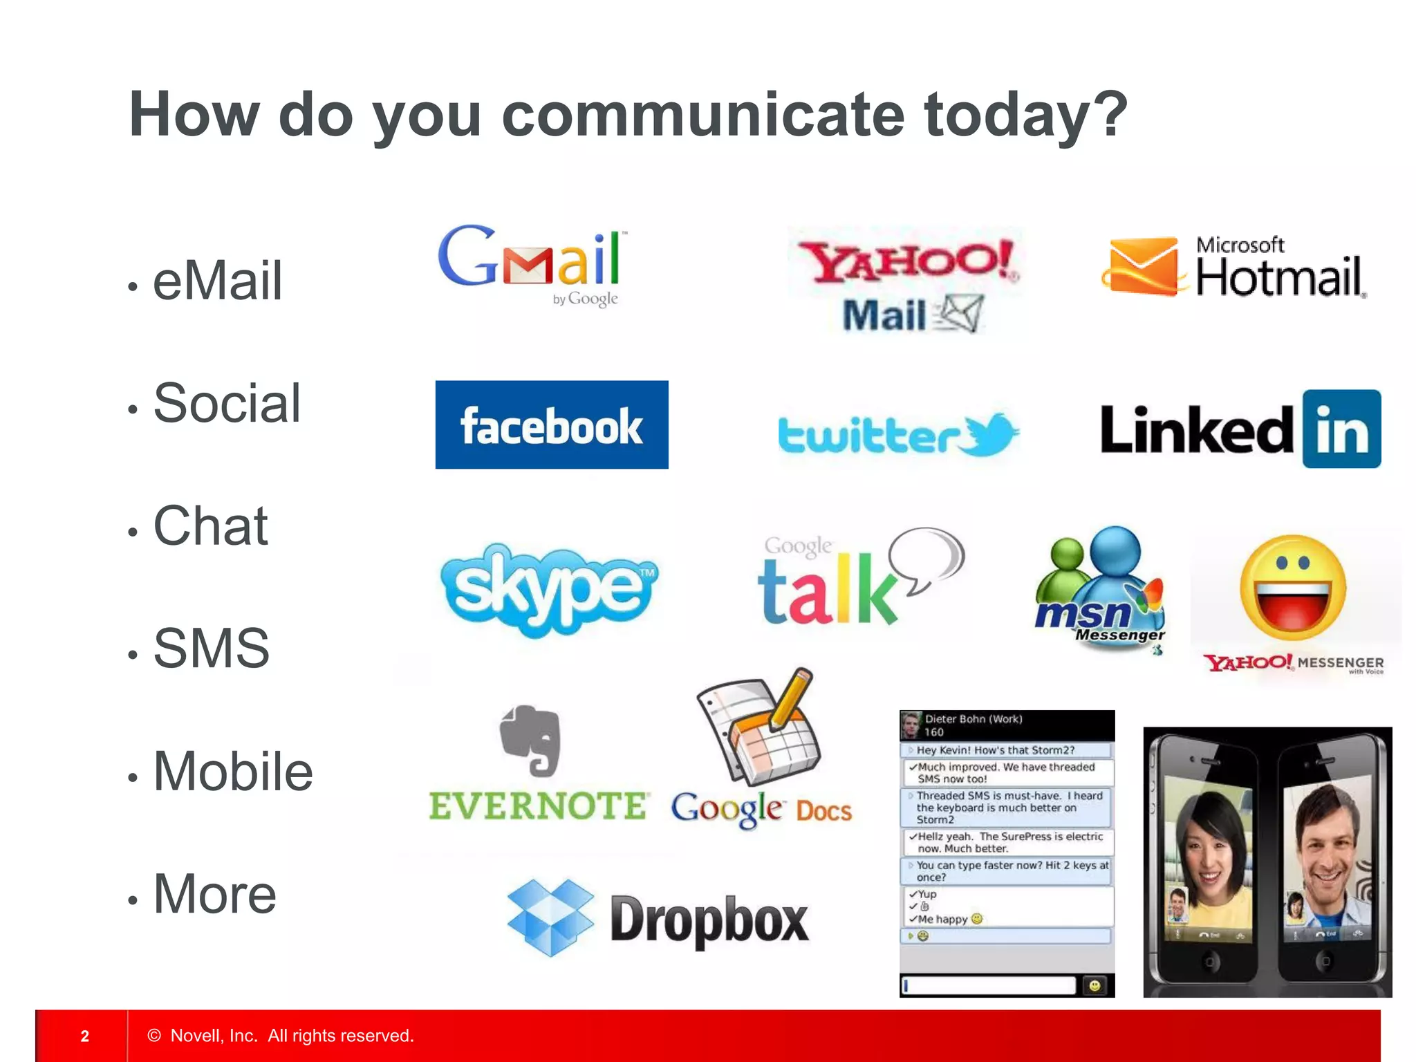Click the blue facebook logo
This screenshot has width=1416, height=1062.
[552, 425]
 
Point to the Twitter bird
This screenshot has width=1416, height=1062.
[991, 434]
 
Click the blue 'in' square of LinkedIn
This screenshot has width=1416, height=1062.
[1341, 429]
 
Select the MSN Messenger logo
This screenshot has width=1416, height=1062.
[1099, 588]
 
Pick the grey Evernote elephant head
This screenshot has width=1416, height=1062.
[531, 740]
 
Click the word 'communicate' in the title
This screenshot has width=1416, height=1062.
[703, 115]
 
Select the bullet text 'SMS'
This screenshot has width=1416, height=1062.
[211, 649]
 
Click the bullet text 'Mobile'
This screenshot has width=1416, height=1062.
[233, 772]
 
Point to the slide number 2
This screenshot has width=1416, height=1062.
[85, 1036]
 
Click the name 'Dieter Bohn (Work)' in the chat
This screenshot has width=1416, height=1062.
[973, 719]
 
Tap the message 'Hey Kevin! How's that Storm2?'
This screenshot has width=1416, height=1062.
[996, 750]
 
